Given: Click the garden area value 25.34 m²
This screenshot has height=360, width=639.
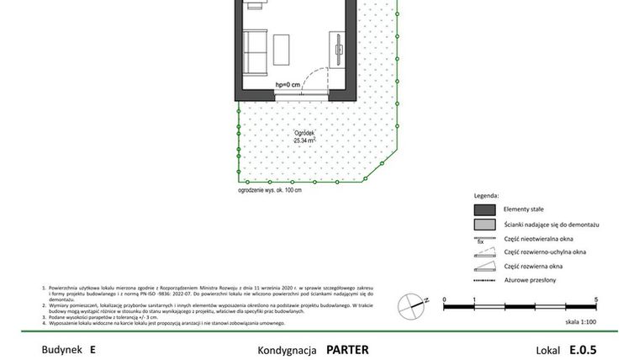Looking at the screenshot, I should coord(304,141).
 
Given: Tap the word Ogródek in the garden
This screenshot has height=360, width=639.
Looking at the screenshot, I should coord(304,134).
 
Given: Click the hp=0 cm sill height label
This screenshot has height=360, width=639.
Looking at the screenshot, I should coord(288,85).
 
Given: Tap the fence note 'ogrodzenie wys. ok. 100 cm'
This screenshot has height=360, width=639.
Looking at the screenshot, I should coord(270,191).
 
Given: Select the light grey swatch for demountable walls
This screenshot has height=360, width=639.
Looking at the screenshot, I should coord(483,225).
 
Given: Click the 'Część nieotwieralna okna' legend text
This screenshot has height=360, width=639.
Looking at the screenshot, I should coord(537,238).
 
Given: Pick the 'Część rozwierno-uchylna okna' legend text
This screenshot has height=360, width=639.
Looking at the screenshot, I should coord(544,251).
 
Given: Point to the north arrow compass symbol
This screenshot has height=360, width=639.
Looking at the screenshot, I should coord(411,302).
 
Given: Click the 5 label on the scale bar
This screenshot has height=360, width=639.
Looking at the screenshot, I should coord(595,299).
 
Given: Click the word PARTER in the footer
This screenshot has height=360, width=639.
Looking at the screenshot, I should coord(347,349).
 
